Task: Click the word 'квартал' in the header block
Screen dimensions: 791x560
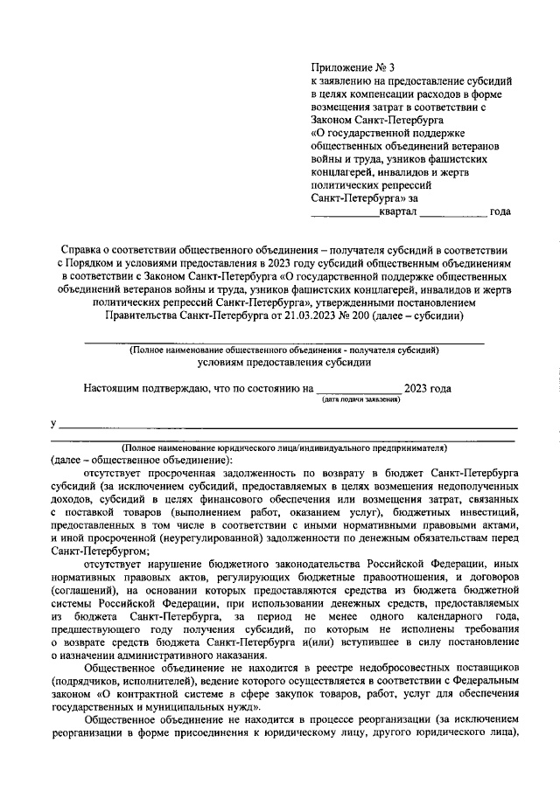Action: tap(398, 212)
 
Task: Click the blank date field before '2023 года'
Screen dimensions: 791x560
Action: tap(359, 390)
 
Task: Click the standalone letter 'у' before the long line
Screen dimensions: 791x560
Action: tap(53, 424)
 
